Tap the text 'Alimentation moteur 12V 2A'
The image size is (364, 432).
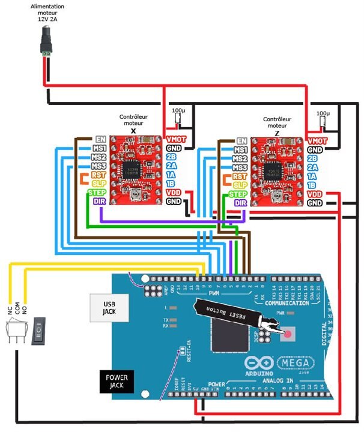pos(47,13)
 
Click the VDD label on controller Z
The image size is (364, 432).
pos(314,194)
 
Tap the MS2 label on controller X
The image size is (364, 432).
pos(99,157)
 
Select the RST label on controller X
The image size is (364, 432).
pos(99,175)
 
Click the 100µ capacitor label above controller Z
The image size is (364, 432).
pos(323,113)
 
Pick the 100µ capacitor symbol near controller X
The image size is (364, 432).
pos(178,120)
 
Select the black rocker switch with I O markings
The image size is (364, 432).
pos(38,331)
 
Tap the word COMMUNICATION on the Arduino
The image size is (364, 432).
pos(288,304)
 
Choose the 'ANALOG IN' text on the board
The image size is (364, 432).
pos(279,380)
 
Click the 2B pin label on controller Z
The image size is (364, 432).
pos(311,158)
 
